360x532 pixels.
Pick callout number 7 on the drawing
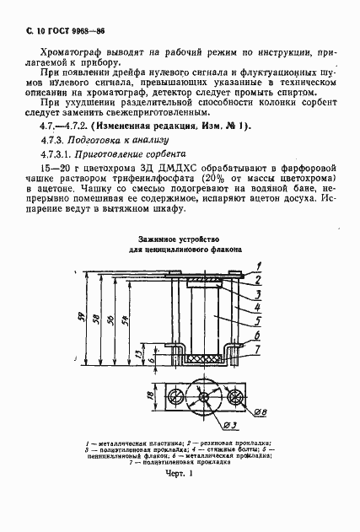(260, 349)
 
